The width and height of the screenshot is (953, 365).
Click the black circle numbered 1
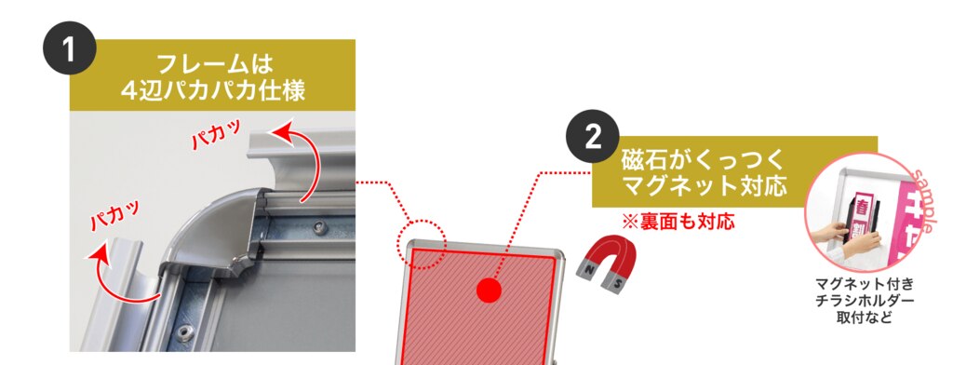pyautogui.click(x=69, y=48)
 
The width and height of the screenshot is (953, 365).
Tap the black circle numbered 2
pyautogui.click(x=593, y=138)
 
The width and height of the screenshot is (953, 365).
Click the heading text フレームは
pyautogui.click(x=212, y=64)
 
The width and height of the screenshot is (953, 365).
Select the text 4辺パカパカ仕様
pyautogui.click(x=212, y=90)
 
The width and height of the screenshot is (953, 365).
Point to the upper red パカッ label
pyautogui.click(x=216, y=134)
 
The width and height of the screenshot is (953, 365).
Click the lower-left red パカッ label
pyautogui.click(x=115, y=214)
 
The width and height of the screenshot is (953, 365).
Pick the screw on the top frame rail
pyautogui.click(x=320, y=228)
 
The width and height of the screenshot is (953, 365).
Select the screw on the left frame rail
pyautogui.click(x=185, y=331)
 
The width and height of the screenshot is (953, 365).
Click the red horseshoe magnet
pyautogui.click(x=604, y=264)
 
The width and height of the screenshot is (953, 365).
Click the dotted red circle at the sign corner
pyautogui.click(x=423, y=244)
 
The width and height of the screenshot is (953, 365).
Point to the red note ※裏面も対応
pyautogui.click(x=678, y=222)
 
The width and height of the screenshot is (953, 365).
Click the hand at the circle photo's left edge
pyautogui.click(x=828, y=231)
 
